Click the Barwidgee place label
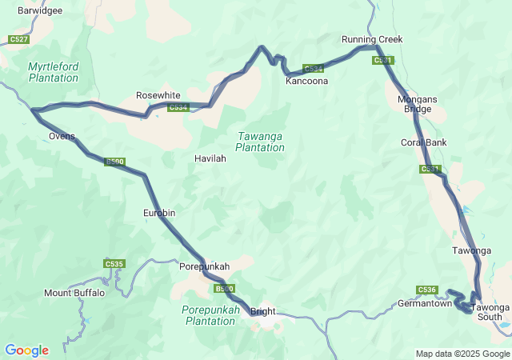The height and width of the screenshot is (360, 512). click(40, 11)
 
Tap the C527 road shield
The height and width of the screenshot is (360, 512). click(18, 39)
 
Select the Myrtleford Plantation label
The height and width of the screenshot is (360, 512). click(54, 72)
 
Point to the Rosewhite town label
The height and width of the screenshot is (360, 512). click(158, 95)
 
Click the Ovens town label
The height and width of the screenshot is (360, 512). click(62, 136)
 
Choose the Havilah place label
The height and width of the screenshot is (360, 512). click(210, 158)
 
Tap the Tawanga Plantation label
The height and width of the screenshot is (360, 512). click(260, 142)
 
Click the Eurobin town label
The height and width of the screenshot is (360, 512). click(158, 213)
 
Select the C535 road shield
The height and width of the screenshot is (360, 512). click(114, 263)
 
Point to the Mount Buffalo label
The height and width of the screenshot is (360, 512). click(74, 293)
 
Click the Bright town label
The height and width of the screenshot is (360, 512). click(262, 311)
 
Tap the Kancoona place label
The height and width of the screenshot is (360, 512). click(307, 81)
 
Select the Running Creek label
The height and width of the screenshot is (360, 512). click(372, 39)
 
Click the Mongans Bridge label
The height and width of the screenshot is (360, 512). click(414, 104)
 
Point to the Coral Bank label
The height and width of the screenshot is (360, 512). click(424, 142)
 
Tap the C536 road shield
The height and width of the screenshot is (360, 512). click(427, 290)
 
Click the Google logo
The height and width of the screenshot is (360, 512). click(26, 350)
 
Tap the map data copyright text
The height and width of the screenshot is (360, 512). click(462, 354)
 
